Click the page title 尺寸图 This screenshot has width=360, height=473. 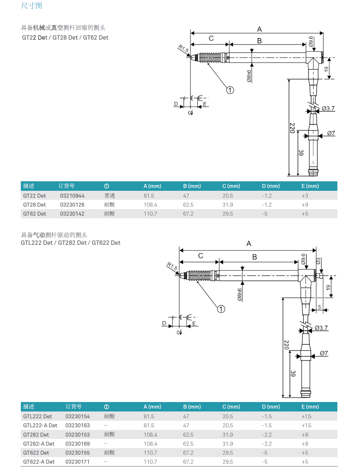coord(32,6)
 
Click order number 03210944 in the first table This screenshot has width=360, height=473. coord(72,196)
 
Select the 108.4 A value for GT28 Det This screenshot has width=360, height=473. coord(150,205)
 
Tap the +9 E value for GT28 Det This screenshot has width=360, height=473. coord(305,205)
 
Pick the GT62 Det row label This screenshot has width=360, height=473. coord(35,214)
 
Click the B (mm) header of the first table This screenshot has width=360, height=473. coord(192,186)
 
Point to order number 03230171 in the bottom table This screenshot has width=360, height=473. coord(77,462)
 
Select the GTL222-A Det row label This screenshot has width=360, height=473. coord(40,425)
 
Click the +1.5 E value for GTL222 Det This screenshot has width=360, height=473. coord(306,416)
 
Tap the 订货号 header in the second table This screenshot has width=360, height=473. coord(73,407)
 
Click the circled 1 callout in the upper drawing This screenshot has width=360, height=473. coord(230,90)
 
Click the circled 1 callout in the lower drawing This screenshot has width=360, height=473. coord(221,309)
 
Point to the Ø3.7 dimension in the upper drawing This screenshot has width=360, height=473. coord(328,108)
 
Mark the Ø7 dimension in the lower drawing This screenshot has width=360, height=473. coord(324,353)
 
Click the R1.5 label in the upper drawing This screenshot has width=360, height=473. coord(184,49)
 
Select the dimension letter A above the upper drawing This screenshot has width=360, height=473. coord(259,29)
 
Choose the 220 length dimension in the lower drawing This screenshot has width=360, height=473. coord(287,345)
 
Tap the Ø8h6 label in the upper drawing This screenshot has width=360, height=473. coord(249,76)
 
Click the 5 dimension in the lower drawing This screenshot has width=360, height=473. coord(319,307)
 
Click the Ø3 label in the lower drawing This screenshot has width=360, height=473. coord(318,261)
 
